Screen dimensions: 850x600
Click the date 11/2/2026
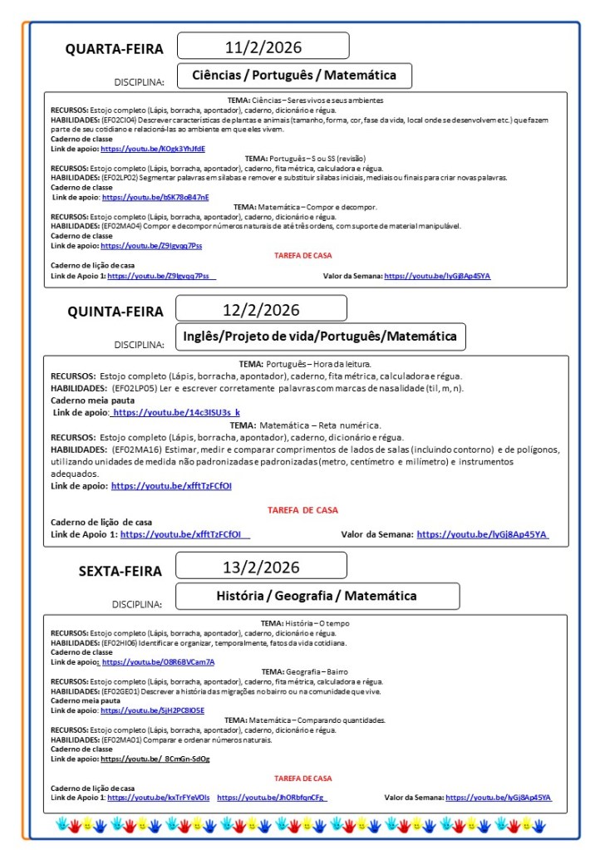(x=263, y=47)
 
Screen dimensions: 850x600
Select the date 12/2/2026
(x=261, y=310)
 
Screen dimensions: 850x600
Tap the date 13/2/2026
(x=261, y=567)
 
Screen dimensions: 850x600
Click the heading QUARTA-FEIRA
(x=115, y=50)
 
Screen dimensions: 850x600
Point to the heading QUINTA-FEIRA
(x=116, y=312)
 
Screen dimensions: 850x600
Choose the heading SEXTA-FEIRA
(x=120, y=571)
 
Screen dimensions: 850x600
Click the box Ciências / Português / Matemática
(x=295, y=76)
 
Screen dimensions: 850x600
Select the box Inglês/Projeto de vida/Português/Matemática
(x=320, y=337)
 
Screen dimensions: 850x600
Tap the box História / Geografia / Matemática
(x=317, y=596)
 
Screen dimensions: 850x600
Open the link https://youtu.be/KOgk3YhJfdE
(x=153, y=149)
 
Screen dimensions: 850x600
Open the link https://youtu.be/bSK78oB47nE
(x=155, y=198)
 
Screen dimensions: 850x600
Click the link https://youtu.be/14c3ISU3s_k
(x=175, y=412)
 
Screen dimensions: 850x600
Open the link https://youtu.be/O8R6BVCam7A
(x=158, y=662)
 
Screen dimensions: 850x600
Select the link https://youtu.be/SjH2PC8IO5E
(x=152, y=711)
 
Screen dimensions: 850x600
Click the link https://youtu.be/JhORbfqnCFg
(x=271, y=798)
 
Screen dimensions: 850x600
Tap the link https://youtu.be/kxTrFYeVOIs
(x=159, y=798)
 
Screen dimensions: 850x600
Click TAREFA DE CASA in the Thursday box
(x=302, y=510)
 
